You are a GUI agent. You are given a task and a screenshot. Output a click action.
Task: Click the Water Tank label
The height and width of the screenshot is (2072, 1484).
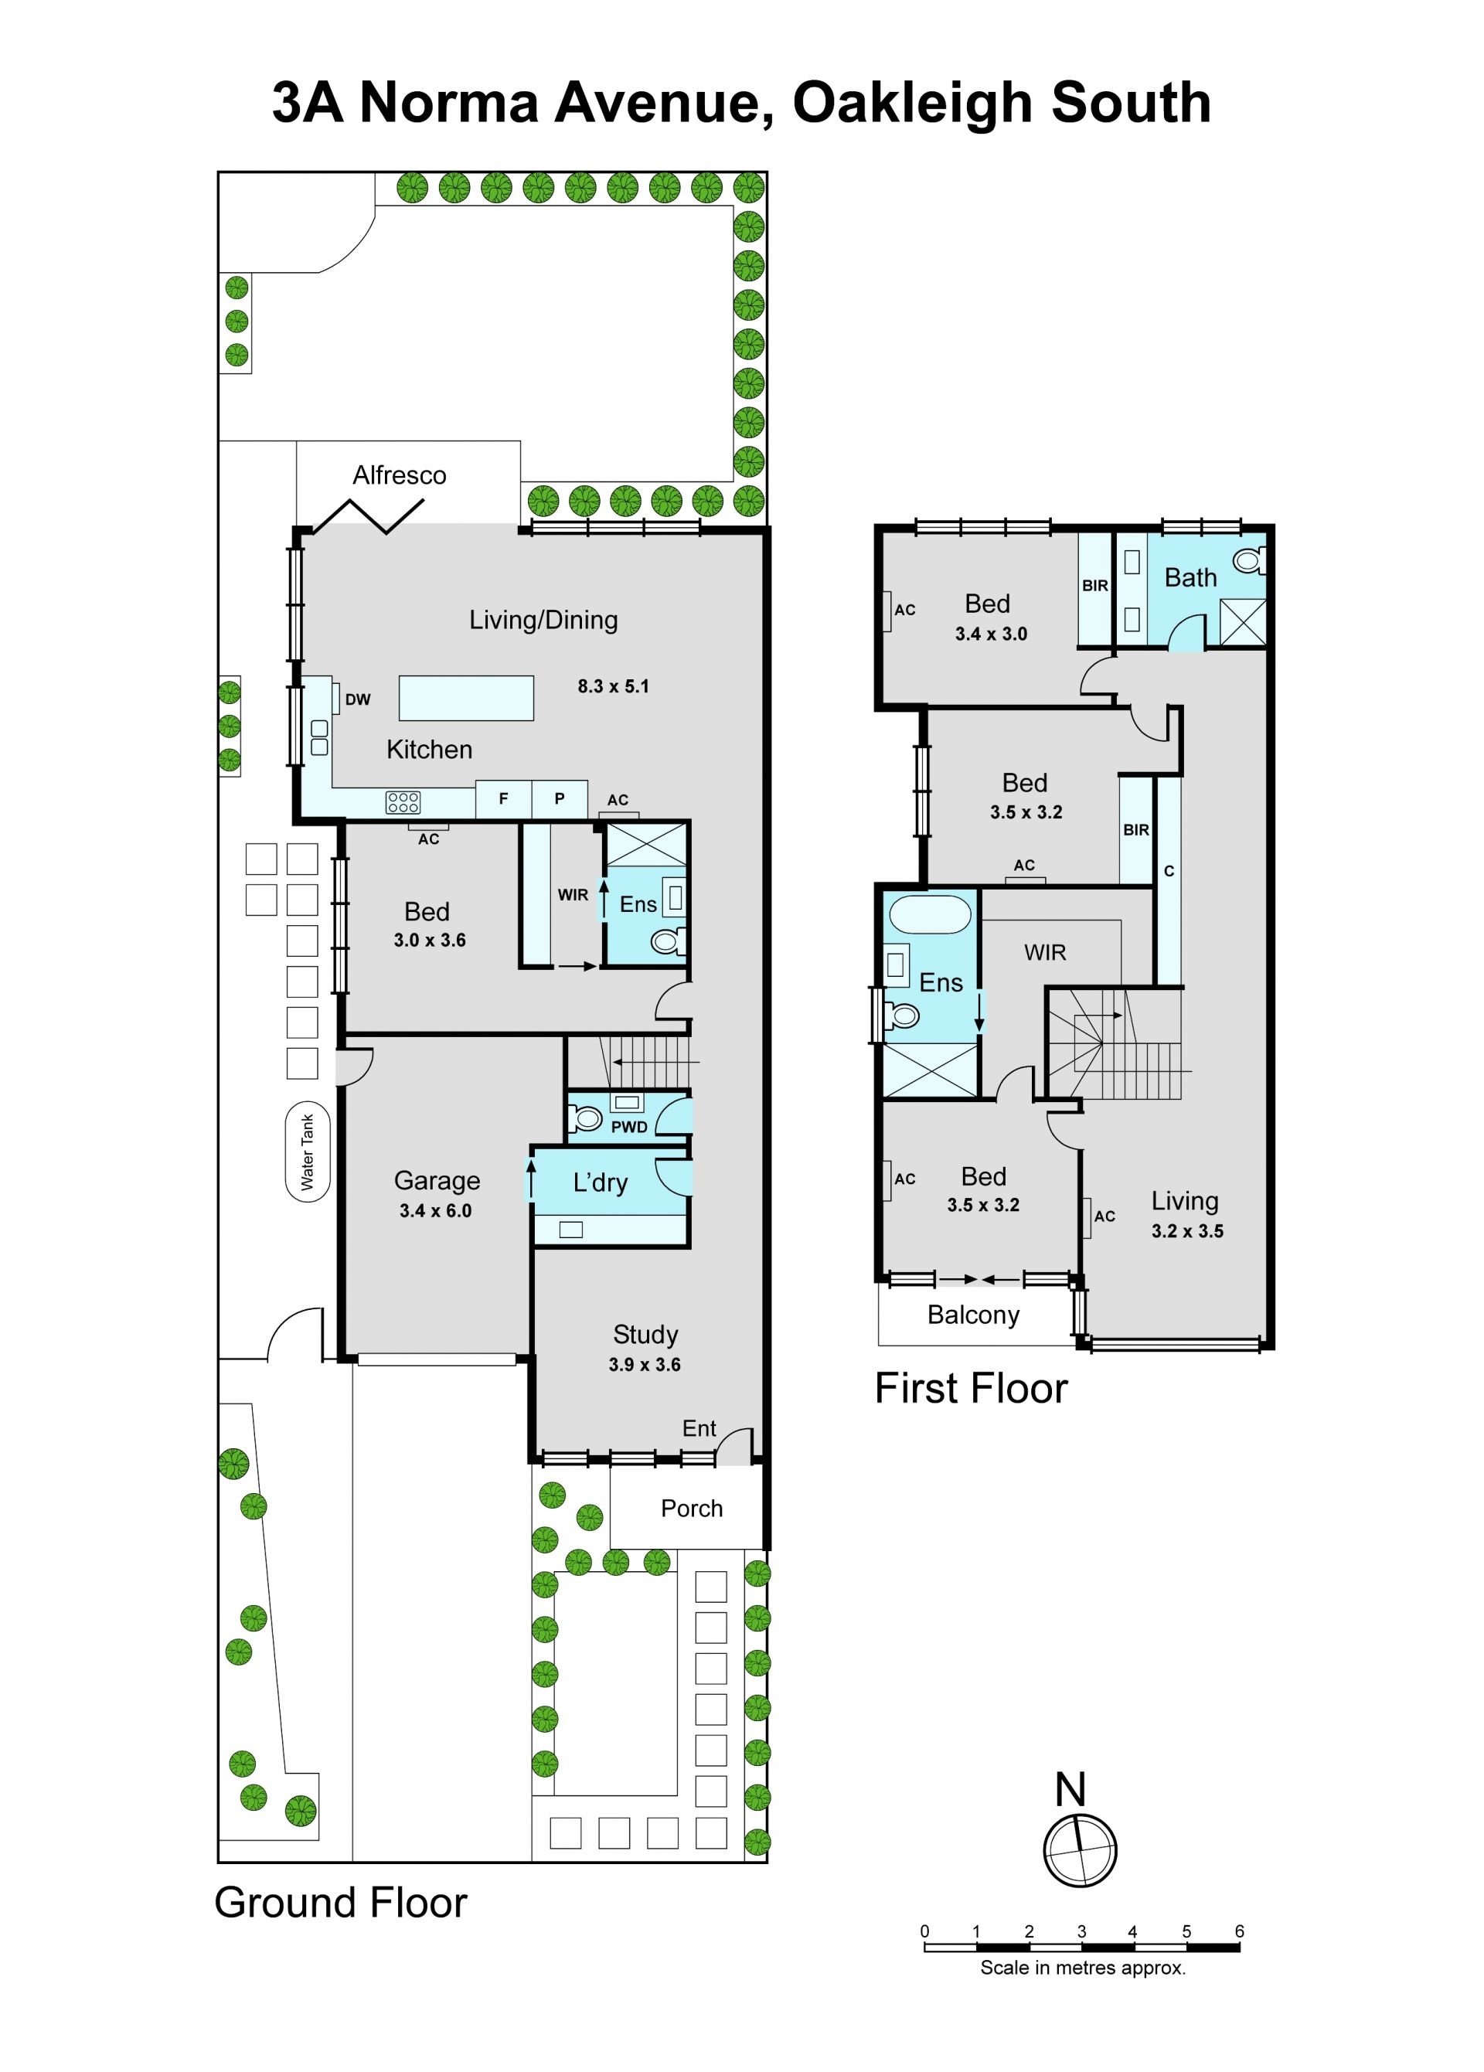[307, 1152]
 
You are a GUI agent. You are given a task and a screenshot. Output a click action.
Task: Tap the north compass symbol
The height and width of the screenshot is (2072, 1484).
[1080, 1851]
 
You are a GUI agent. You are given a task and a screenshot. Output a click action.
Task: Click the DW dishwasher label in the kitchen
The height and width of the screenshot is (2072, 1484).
[357, 699]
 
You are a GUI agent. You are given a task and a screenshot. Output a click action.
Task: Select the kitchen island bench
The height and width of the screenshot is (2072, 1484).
[466, 698]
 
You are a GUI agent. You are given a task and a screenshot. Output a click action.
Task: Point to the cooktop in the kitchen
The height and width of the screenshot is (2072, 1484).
[403, 802]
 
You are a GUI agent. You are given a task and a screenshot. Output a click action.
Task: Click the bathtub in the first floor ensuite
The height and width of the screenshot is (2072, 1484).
[931, 914]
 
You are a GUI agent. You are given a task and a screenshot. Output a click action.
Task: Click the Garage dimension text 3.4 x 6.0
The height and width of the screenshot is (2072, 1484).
[435, 1211]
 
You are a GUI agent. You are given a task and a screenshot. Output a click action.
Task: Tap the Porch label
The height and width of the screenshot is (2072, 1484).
[692, 1509]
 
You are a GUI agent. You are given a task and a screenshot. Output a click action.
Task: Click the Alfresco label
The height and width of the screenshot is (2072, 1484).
[400, 475]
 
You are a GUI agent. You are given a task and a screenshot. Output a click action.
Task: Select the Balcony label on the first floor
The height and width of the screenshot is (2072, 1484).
[973, 1315]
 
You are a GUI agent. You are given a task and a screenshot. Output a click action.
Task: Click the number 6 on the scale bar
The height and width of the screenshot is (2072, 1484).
[1239, 1931]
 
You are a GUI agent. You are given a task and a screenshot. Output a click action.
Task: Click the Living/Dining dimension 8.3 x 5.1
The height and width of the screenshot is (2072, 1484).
[613, 686]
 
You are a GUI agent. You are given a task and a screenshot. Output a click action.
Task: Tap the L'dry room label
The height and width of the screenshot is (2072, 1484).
[601, 1182]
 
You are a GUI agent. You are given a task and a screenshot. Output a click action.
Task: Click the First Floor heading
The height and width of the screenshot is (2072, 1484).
[972, 1390]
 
